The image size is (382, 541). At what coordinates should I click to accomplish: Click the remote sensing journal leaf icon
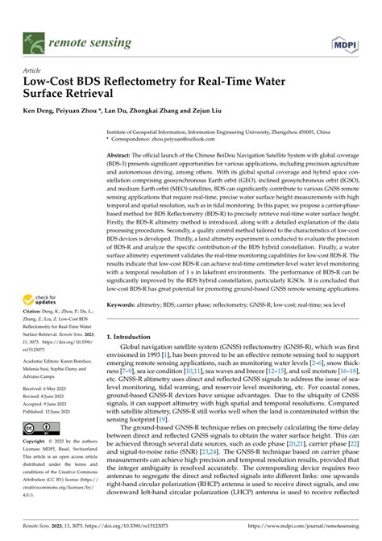(x=34, y=38)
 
